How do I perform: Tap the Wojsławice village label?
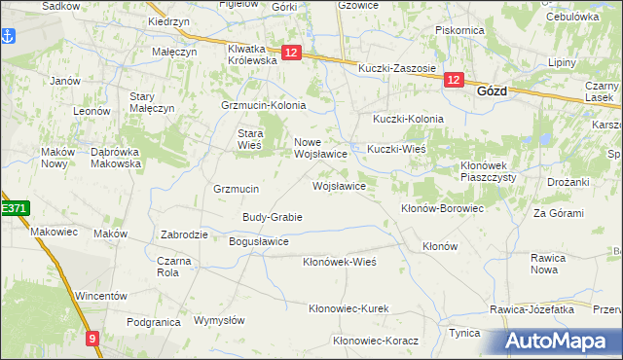tap(339, 185)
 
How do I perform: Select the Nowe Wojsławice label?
tap(321, 148)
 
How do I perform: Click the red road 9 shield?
tap(92, 339)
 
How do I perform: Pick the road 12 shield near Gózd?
tap(454, 81)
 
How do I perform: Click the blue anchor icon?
tap(9, 36)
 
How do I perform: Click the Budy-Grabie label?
tap(273, 217)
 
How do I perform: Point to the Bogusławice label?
tap(258, 241)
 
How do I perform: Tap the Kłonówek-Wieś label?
tap(339, 262)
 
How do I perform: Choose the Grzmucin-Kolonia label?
tap(264, 105)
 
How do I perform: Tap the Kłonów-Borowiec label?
tap(442, 208)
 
